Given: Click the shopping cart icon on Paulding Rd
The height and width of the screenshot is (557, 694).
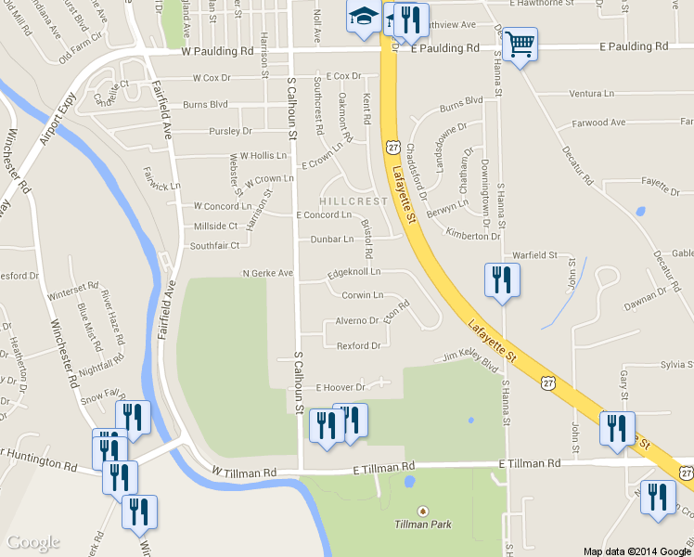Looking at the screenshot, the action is [520, 43].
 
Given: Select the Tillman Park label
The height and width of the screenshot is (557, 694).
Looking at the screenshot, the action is [424, 525].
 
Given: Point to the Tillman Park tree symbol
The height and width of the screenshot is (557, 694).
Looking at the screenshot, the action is [424, 511].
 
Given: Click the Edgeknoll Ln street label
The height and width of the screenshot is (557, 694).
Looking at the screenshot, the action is [353, 272].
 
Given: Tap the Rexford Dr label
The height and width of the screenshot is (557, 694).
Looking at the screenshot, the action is [358, 345].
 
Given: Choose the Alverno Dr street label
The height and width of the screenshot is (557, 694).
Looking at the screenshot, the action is [356, 320].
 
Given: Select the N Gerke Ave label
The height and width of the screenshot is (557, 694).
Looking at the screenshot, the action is [267, 274].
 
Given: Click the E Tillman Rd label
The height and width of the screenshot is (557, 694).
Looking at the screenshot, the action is [530, 462].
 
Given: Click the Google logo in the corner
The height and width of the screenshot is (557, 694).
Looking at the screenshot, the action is [33, 542].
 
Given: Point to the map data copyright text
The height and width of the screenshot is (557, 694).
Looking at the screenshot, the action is [636, 551].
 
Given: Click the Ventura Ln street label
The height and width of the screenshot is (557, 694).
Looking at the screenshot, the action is [591, 94].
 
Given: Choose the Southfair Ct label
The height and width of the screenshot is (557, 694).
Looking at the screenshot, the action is [214, 246].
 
